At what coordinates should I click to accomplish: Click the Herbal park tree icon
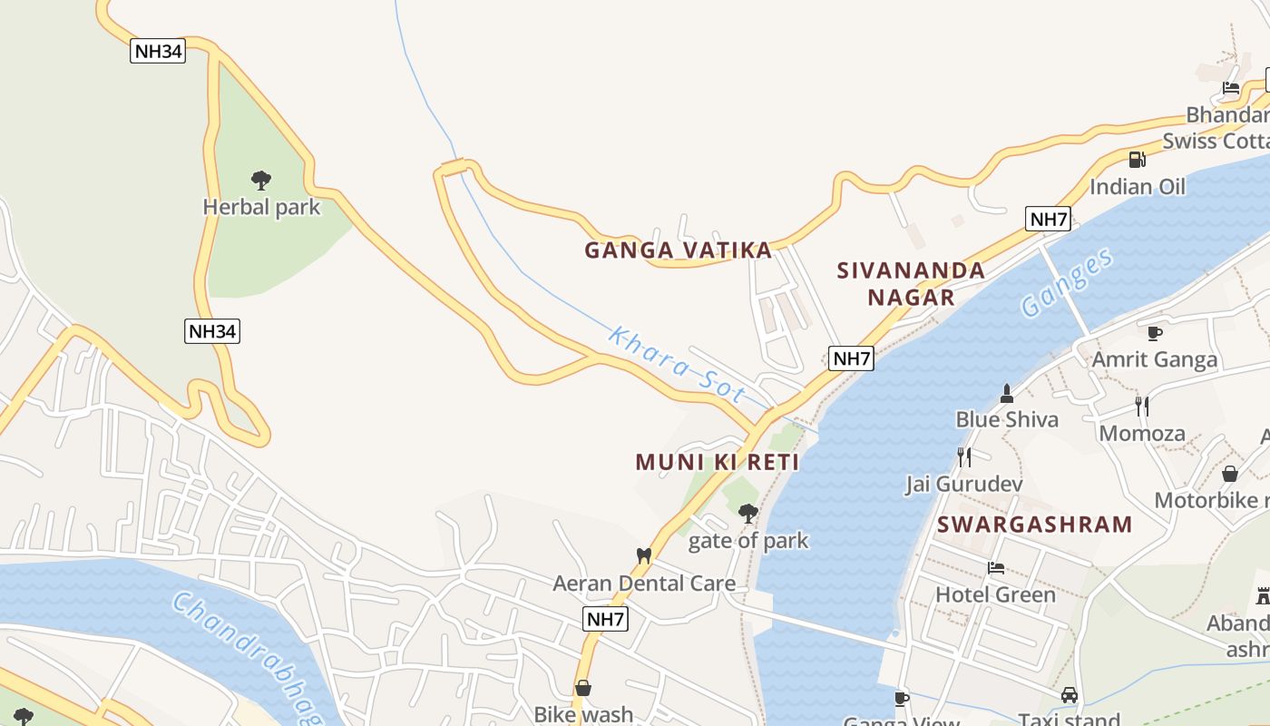(x=261, y=181)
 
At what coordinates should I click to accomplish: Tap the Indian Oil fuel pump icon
(x=1137, y=160)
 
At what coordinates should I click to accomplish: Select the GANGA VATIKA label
(x=678, y=250)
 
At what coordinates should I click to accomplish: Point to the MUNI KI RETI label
(x=717, y=462)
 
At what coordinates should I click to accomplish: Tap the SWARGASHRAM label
(x=1034, y=525)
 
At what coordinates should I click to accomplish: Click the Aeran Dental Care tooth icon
(x=644, y=555)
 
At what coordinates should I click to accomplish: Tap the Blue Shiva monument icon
(x=1006, y=393)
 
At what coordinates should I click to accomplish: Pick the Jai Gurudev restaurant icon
(x=963, y=456)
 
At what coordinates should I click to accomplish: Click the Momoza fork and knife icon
(x=1142, y=406)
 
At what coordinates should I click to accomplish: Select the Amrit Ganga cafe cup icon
(x=1154, y=333)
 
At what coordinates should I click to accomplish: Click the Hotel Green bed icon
(x=996, y=568)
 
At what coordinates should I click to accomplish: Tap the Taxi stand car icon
(x=1070, y=695)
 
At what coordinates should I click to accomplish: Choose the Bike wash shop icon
(x=583, y=688)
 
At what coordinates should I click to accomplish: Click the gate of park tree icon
(x=748, y=514)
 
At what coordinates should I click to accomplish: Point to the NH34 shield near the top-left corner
(x=158, y=51)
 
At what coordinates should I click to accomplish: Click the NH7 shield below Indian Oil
(x=1048, y=219)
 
